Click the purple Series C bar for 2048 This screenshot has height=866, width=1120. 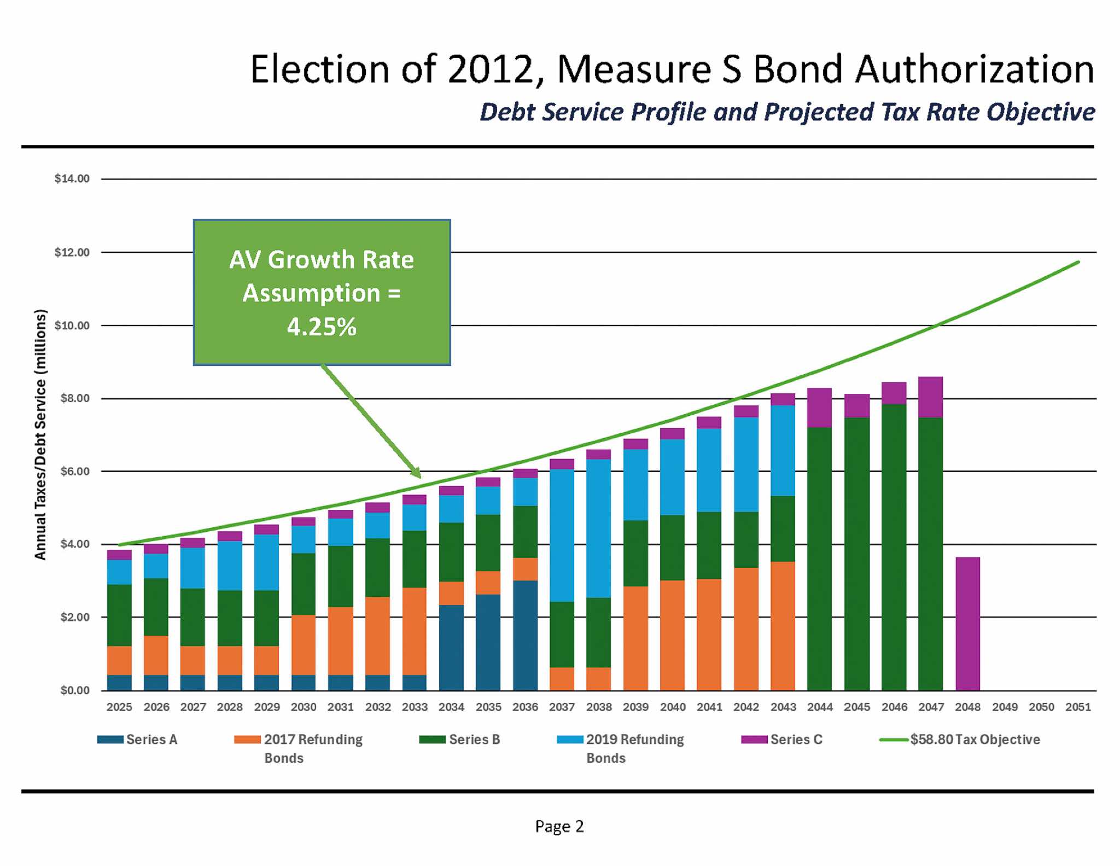[967, 624]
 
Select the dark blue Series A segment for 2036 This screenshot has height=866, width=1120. [525, 635]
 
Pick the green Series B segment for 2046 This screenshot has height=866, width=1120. [894, 547]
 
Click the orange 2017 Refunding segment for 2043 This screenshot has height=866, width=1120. [783, 626]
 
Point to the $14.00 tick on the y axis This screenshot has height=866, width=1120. [72, 179]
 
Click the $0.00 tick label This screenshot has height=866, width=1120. [75, 690]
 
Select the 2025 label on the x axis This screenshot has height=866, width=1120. [119, 707]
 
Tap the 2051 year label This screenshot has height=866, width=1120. [1078, 707]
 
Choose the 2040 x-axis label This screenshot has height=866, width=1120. [673, 707]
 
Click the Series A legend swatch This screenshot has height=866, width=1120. [110, 740]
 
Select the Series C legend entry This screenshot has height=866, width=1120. [796, 740]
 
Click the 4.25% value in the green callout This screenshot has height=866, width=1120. [322, 327]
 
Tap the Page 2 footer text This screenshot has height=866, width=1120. [559, 826]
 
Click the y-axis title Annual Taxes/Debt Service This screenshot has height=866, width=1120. [40, 435]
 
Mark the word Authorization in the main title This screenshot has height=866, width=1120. [975, 69]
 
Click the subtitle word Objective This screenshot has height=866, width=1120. [1041, 112]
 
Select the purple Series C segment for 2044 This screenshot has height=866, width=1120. [819, 408]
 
